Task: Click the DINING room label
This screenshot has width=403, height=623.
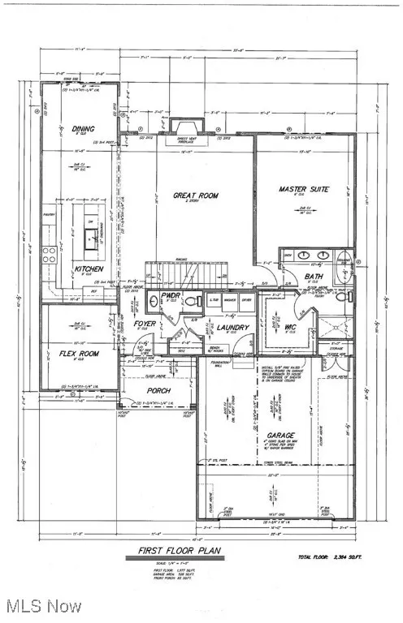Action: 83,129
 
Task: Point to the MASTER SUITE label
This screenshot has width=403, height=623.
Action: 303,190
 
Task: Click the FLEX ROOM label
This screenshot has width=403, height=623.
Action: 79,354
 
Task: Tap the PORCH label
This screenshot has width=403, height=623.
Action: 158,389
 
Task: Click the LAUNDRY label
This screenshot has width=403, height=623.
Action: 232,328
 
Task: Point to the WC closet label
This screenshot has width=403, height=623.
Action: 290,328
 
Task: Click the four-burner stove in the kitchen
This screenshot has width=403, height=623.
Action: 49,256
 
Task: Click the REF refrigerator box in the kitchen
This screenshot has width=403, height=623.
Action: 95,290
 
